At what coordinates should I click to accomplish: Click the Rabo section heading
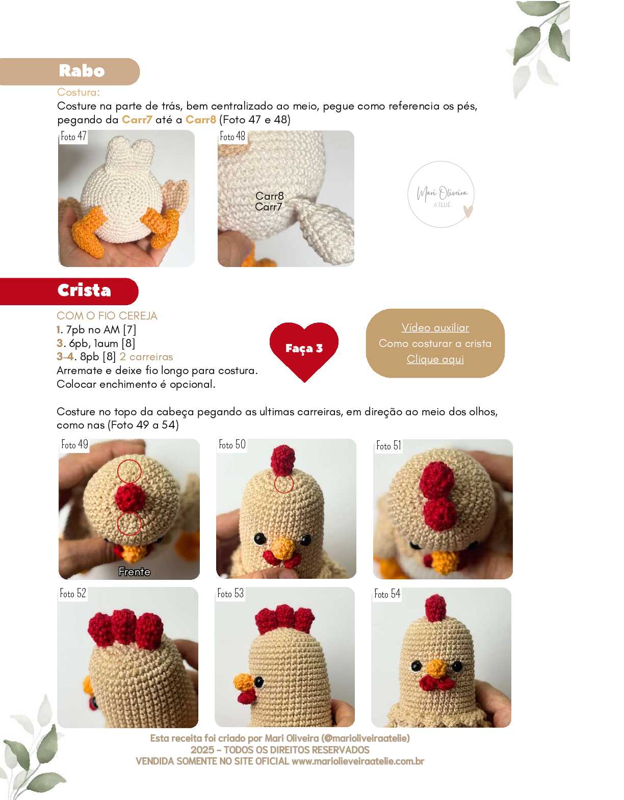coord(82,71)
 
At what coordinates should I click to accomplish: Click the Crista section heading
coord(84,290)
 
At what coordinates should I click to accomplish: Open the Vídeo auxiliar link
coord(435,328)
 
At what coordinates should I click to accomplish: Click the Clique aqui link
coord(435,359)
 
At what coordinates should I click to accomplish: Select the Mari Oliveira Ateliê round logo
coord(441,194)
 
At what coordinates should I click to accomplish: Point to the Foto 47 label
coord(74,137)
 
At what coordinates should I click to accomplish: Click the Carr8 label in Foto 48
coord(270,196)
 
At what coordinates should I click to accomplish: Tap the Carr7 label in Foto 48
coord(269,207)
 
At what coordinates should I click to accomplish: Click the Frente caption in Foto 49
coord(135,572)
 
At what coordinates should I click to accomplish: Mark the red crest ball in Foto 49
coord(131,498)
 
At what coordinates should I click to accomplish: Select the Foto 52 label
coord(73,594)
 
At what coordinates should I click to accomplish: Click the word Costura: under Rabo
coord(79,92)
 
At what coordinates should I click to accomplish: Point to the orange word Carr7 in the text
coord(137,120)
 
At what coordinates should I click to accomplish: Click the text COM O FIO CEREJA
coord(107,316)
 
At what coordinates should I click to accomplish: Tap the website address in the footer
coord(358,761)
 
